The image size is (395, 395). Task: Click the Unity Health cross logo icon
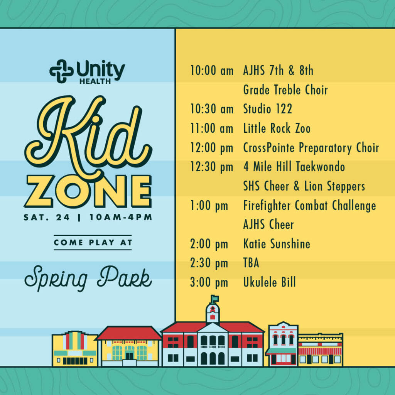pyautogui.click(x=61, y=71)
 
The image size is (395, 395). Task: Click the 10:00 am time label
pyautogui.click(x=212, y=70)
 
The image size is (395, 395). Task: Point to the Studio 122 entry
pyautogui.click(x=268, y=109)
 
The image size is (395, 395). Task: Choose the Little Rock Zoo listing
pyautogui.click(x=277, y=128)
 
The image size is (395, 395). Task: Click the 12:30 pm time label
pyautogui.click(x=212, y=167)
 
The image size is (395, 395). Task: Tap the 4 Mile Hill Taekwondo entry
pyautogui.click(x=294, y=167)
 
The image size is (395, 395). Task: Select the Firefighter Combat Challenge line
pyautogui.click(x=310, y=206)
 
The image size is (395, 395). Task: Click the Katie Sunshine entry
pyautogui.click(x=277, y=244)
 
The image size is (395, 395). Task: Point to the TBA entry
pyautogui.click(x=251, y=263)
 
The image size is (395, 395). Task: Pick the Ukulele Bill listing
pyautogui.click(x=270, y=282)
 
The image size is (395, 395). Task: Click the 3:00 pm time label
pyautogui.click(x=209, y=282)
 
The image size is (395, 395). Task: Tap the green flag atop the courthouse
pyautogui.click(x=215, y=299)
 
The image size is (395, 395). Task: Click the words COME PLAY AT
pyautogui.click(x=93, y=242)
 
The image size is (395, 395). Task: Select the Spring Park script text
pyautogui.click(x=88, y=278)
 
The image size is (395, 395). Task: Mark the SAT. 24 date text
pyautogui.click(x=47, y=217)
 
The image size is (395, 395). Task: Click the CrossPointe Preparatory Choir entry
pyautogui.click(x=311, y=148)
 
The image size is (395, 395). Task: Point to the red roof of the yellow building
pyautogui.click(x=129, y=333)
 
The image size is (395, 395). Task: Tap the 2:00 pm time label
pyautogui.click(x=209, y=244)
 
